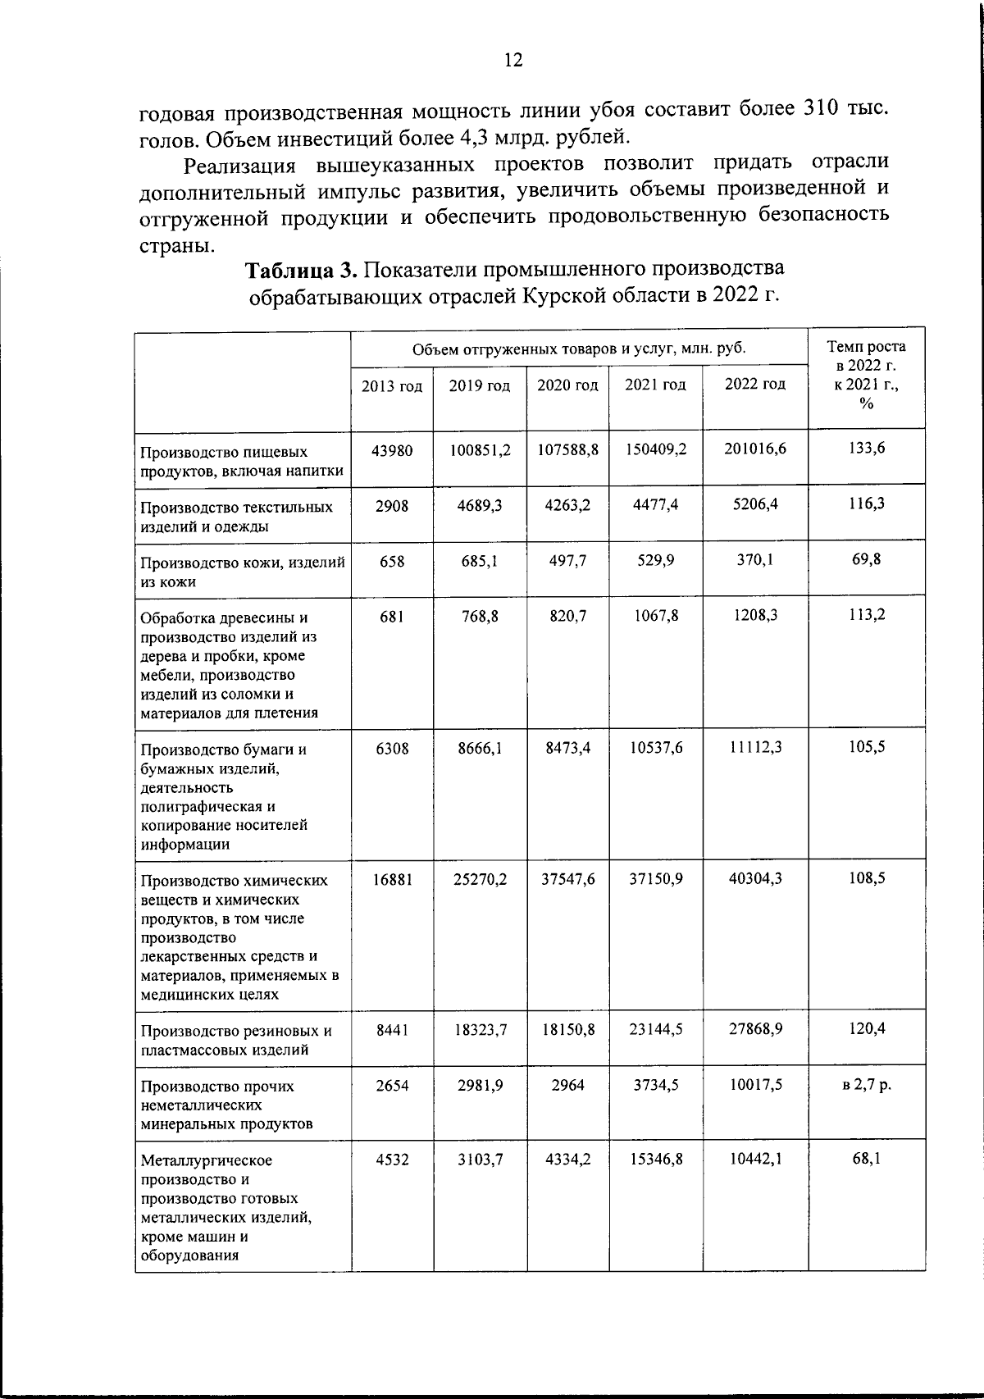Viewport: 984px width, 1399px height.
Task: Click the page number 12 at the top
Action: tap(513, 60)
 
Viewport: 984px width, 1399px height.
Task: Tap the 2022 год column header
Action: tap(754, 384)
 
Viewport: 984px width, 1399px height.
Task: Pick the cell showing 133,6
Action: tap(867, 448)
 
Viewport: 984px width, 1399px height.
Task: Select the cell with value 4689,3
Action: tap(480, 505)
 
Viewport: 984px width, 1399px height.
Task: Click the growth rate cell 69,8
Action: tap(867, 560)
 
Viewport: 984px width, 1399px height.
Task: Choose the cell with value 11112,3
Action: tap(754, 747)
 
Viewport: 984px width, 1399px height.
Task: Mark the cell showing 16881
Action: tap(392, 878)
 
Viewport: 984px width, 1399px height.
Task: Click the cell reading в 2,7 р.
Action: tap(867, 1084)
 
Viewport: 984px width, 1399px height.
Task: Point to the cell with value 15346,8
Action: tap(656, 1160)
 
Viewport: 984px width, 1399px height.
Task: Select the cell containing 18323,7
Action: tap(480, 1028)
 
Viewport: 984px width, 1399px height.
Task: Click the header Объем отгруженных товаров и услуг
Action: tap(579, 349)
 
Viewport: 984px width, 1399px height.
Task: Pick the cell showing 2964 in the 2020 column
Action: tap(567, 1085)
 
